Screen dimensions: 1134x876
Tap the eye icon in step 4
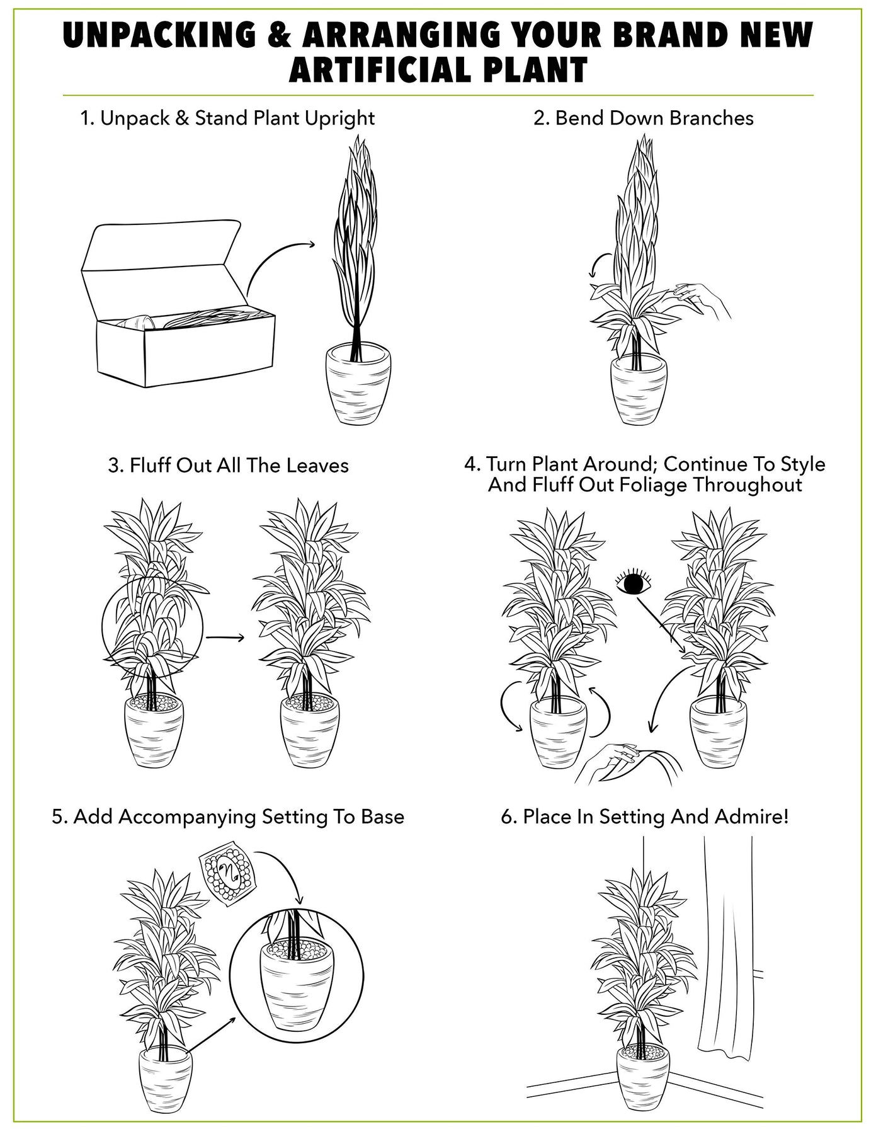pyautogui.click(x=633, y=582)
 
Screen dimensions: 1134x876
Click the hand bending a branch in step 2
pyautogui.click(x=702, y=300)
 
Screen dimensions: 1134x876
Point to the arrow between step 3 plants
pyautogui.click(x=225, y=638)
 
